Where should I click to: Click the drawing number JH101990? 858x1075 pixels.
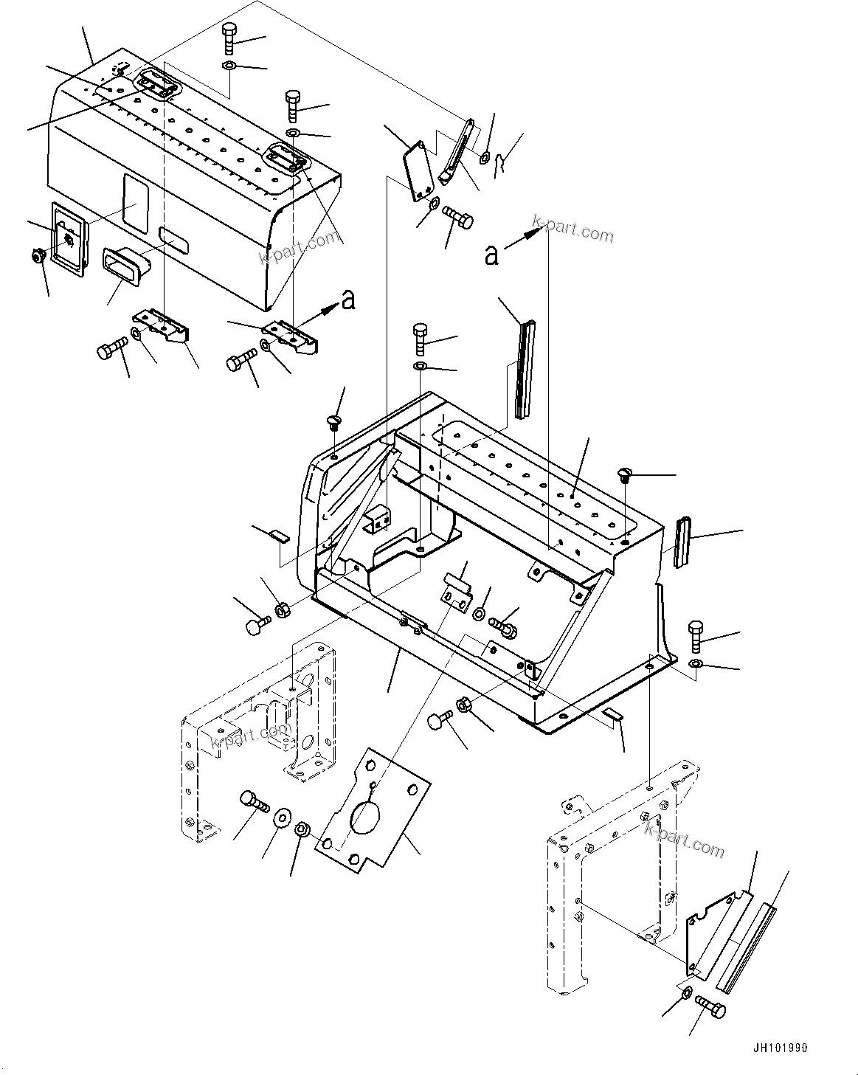pos(780,1048)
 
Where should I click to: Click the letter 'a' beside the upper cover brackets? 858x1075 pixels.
pos(348,300)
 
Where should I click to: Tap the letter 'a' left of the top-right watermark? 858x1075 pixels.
pos(492,255)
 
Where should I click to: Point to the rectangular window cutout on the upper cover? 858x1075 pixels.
pos(135,201)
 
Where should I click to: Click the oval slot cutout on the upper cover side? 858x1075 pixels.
pos(173,237)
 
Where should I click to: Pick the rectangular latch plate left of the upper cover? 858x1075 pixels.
pos(67,239)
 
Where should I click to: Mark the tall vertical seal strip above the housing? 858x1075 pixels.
pos(526,369)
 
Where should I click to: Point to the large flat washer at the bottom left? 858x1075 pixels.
pos(282,818)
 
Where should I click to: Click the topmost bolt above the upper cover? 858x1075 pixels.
pos(228,37)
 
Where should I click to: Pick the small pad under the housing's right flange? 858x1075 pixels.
pos(612,713)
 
